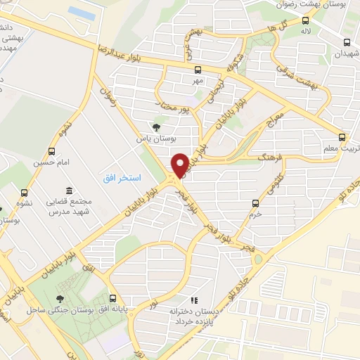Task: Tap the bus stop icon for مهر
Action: [198, 70]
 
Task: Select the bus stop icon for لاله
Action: [305, 20]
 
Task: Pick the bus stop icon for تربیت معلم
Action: [342, 137]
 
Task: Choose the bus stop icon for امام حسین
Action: [51, 151]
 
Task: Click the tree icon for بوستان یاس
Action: [157, 127]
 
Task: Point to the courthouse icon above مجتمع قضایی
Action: [69, 191]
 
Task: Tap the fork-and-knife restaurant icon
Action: [194, 299]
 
